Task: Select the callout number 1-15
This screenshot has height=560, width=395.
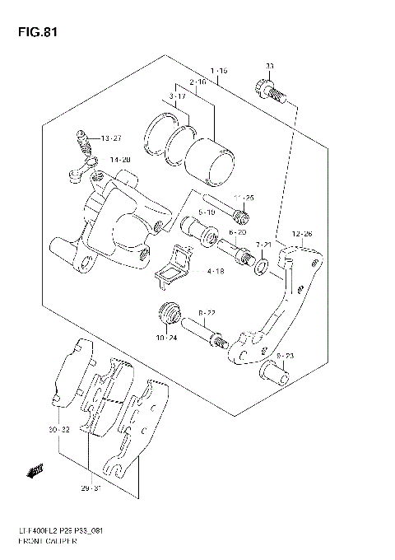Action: point(218,72)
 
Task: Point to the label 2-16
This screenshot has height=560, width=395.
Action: point(197,84)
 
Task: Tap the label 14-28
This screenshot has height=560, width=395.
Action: point(120,160)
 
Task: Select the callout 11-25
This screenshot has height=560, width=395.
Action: point(243,198)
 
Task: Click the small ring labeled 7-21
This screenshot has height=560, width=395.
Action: point(262,265)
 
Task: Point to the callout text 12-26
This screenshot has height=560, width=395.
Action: point(302,234)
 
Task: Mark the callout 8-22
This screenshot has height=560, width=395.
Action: point(207,313)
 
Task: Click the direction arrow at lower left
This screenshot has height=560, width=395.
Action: point(35,470)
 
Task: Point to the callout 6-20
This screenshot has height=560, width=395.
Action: point(238,233)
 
